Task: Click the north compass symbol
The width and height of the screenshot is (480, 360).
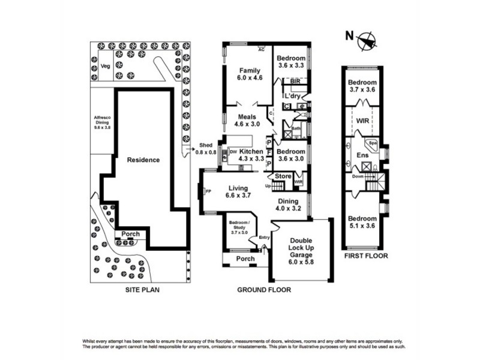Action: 367,41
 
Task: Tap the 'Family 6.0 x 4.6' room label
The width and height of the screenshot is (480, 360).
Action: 250,74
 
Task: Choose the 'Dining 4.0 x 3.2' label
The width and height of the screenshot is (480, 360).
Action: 287,205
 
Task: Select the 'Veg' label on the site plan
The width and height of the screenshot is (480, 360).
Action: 105,67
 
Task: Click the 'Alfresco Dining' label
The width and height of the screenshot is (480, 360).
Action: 101,122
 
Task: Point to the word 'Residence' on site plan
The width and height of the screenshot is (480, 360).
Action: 143,160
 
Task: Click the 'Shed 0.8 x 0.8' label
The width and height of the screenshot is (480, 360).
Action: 206,149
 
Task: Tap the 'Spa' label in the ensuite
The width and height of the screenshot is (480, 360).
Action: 372,144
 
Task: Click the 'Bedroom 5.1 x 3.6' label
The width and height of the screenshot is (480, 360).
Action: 363,222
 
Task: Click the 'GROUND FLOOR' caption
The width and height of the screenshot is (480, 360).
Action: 264,289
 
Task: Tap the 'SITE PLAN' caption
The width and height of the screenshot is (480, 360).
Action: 140,289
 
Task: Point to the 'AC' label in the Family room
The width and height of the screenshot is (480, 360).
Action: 261,50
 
